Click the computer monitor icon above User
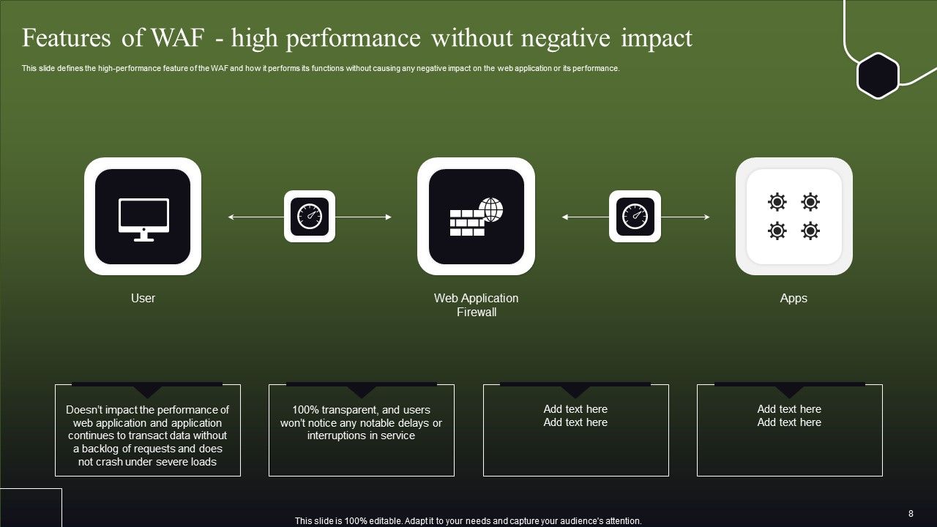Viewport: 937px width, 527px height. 143,218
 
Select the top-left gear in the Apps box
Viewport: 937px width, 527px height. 777,202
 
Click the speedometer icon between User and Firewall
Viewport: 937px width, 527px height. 310,217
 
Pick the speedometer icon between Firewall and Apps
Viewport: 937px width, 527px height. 635,217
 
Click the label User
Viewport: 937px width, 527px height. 143,298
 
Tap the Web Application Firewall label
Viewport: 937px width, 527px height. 476,305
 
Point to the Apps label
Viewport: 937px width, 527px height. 794,298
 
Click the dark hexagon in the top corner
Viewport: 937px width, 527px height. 878,75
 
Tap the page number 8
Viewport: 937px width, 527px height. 911,514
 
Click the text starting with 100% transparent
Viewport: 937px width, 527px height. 361,423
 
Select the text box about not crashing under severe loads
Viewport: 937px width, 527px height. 148,436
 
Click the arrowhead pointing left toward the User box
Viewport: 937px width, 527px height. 231,217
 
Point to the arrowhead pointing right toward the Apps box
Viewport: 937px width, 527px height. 706,217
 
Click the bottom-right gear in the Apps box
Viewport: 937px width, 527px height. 810,231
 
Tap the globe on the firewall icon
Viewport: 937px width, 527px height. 490,209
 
